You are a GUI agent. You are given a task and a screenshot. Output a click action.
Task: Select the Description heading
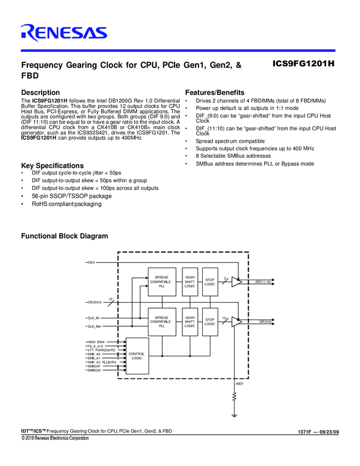pyautogui.click(x=40, y=93)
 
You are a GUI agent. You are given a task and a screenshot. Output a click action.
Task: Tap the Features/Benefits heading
pyautogui.click(x=215, y=93)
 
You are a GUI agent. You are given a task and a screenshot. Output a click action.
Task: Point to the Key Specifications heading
pyautogui.click(x=52, y=166)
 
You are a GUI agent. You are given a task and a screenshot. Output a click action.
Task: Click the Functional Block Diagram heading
pyautogui.click(x=64, y=236)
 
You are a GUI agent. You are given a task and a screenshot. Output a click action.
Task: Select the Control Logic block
pyautogui.click(x=136, y=356)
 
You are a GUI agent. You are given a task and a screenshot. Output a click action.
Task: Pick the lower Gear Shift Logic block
pyautogui.click(x=190, y=322)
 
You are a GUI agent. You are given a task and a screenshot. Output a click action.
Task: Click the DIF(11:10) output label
pyautogui.click(x=263, y=282)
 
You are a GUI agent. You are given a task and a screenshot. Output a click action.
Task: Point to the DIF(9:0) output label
pyautogui.click(x=265, y=322)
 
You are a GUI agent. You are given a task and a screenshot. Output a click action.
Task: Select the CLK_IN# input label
pyautogui.click(x=94, y=327)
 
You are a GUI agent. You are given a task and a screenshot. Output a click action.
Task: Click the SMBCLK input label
pyautogui.click(x=94, y=371)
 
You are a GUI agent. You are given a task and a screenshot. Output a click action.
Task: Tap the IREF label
pyautogui.click(x=239, y=384)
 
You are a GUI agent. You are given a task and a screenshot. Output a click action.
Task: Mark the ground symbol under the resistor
pyautogui.click(x=235, y=415)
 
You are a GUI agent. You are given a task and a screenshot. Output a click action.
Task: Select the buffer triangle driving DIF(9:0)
pyautogui.click(x=236, y=322)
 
